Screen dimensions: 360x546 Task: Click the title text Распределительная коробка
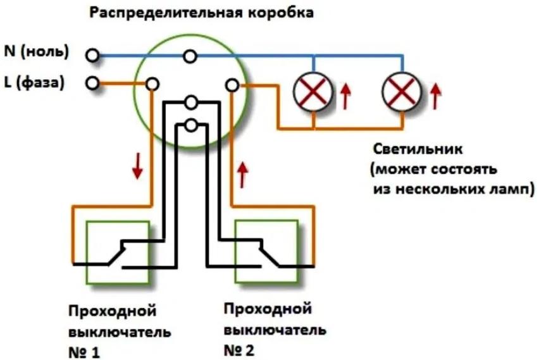(x=201, y=13)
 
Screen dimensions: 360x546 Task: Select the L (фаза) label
(x=35, y=82)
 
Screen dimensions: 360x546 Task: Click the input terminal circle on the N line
(x=93, y=56)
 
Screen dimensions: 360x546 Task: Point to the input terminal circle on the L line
(x=93, y=83)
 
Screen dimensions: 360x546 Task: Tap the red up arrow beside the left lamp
(x=345, y=96)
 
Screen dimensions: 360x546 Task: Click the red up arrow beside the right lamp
(x=436, y=95)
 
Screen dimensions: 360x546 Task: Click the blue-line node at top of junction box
(x=189, y=57)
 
